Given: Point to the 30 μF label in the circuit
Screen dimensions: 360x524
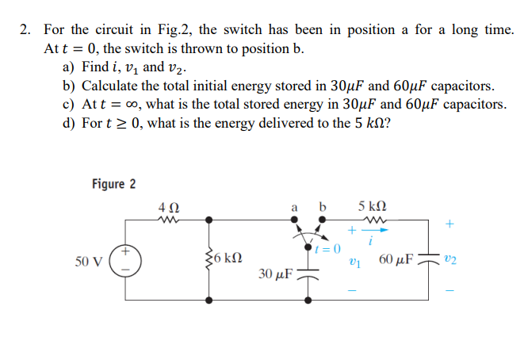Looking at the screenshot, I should point(276,274).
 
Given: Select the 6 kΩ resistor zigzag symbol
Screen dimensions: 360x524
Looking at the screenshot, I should point(209,259).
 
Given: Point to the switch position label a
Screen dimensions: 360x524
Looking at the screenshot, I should point(294,209).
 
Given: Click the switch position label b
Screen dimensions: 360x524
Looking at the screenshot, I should point(321,209).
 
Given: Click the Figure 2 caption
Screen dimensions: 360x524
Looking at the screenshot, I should point(113,184).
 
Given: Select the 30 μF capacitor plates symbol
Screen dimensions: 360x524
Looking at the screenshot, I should point(306,275).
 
